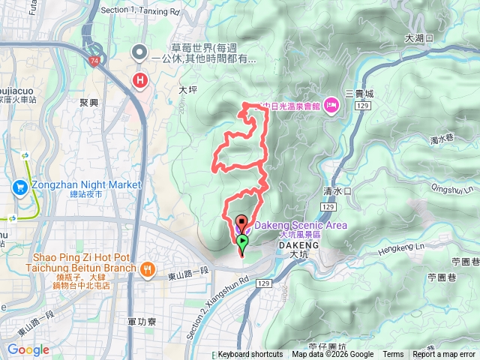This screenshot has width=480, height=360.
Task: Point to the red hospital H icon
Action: click(139, 79)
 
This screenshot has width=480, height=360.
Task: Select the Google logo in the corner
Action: click(28, 350)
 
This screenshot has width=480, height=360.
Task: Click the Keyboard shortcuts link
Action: click(250, 355)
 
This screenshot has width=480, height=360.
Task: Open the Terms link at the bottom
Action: click(393, 355)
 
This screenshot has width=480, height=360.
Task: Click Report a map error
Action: click(443, 355)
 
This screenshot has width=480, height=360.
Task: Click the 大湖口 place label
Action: click(418, 37)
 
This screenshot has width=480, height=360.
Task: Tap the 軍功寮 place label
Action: click(141, 321)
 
